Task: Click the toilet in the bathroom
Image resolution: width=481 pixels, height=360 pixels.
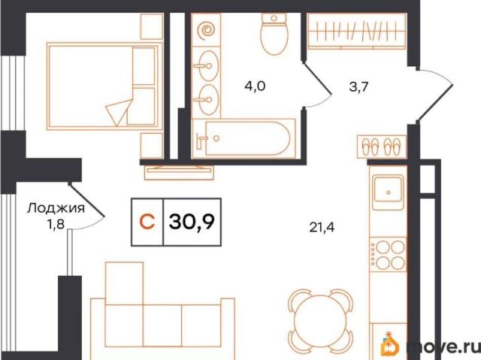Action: tap(274, 34)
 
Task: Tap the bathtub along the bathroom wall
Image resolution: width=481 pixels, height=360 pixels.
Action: tap(244, 138)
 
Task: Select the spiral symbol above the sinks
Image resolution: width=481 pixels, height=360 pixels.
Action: tap(206, 30)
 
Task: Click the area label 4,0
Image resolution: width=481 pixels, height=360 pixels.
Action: tap(255, 86)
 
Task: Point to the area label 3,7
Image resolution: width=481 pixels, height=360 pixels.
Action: tap(358, 87)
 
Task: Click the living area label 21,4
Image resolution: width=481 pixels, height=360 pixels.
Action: tap(322, 228)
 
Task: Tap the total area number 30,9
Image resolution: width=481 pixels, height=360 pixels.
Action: tap(192, 222)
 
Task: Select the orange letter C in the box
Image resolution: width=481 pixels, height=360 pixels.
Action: tap(147, 222)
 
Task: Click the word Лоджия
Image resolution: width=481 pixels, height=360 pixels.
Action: tap(56, 208)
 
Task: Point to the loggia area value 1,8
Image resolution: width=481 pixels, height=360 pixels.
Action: tap(56, 225)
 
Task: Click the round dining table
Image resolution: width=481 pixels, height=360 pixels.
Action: tap(320, 322)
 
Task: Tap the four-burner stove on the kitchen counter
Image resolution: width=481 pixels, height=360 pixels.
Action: tap(388, 254)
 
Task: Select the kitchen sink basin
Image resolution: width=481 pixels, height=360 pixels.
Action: tap(388, 192)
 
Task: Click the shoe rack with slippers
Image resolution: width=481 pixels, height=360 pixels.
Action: tap(382, 147)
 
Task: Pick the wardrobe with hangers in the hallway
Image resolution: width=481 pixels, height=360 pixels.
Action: tap(357, 31)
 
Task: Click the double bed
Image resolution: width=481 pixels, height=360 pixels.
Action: tap(104, 86)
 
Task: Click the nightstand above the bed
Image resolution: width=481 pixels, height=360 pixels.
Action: tap(152, 26)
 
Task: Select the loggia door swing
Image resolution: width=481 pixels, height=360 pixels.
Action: tap(87, 208)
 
